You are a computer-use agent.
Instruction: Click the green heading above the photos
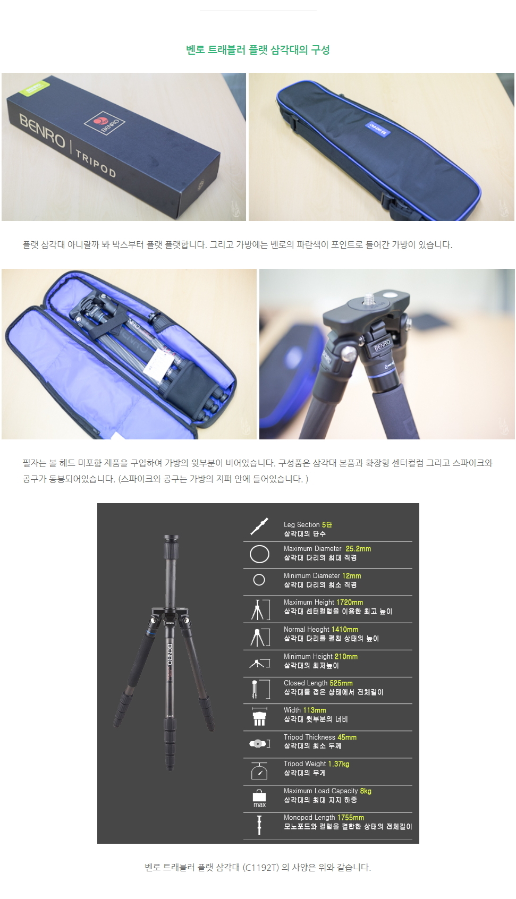[x=258, y=50]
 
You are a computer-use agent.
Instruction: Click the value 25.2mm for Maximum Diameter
[x=358, y=549]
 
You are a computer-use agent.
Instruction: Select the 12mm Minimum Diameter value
[x=351, y=575]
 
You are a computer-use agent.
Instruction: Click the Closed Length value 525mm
[x=341, y=683]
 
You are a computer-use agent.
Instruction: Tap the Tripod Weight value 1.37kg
[x=339, y=764]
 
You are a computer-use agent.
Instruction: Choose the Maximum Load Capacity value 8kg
[x=366, y=791]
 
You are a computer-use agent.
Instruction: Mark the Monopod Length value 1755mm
[x=351, y=818]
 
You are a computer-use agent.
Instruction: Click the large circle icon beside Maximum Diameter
[x=259, y=554]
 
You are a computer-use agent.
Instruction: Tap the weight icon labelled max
[x=259, y=798]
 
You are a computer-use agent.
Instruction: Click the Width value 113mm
[x=315, y=710]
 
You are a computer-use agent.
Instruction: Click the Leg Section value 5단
[x=327, y=524]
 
